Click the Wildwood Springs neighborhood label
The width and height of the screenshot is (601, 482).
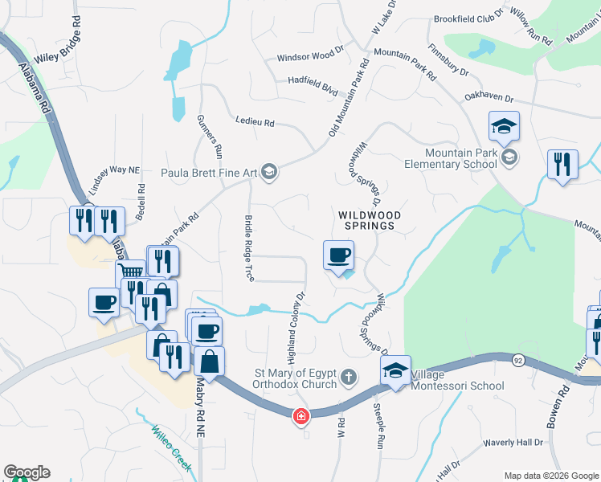click(x=366, y=220)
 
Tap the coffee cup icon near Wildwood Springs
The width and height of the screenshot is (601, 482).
click(x=338, y=256)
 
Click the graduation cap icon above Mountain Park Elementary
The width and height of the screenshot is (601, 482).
click(x=504, y=127)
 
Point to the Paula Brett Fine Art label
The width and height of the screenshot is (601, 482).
click(x=208, y=170)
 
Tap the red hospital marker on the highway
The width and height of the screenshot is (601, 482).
click(x=300, y=416)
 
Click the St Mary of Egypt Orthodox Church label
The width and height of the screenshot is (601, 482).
click(x=295, y=378)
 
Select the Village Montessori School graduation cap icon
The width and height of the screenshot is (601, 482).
click(x=395, y=371)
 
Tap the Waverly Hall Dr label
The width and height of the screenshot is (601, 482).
click(x=513, y=443)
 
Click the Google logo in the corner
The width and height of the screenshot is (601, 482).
click(x=26, y=472)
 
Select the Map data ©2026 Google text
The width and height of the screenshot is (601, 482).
click(x=550, y=476)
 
